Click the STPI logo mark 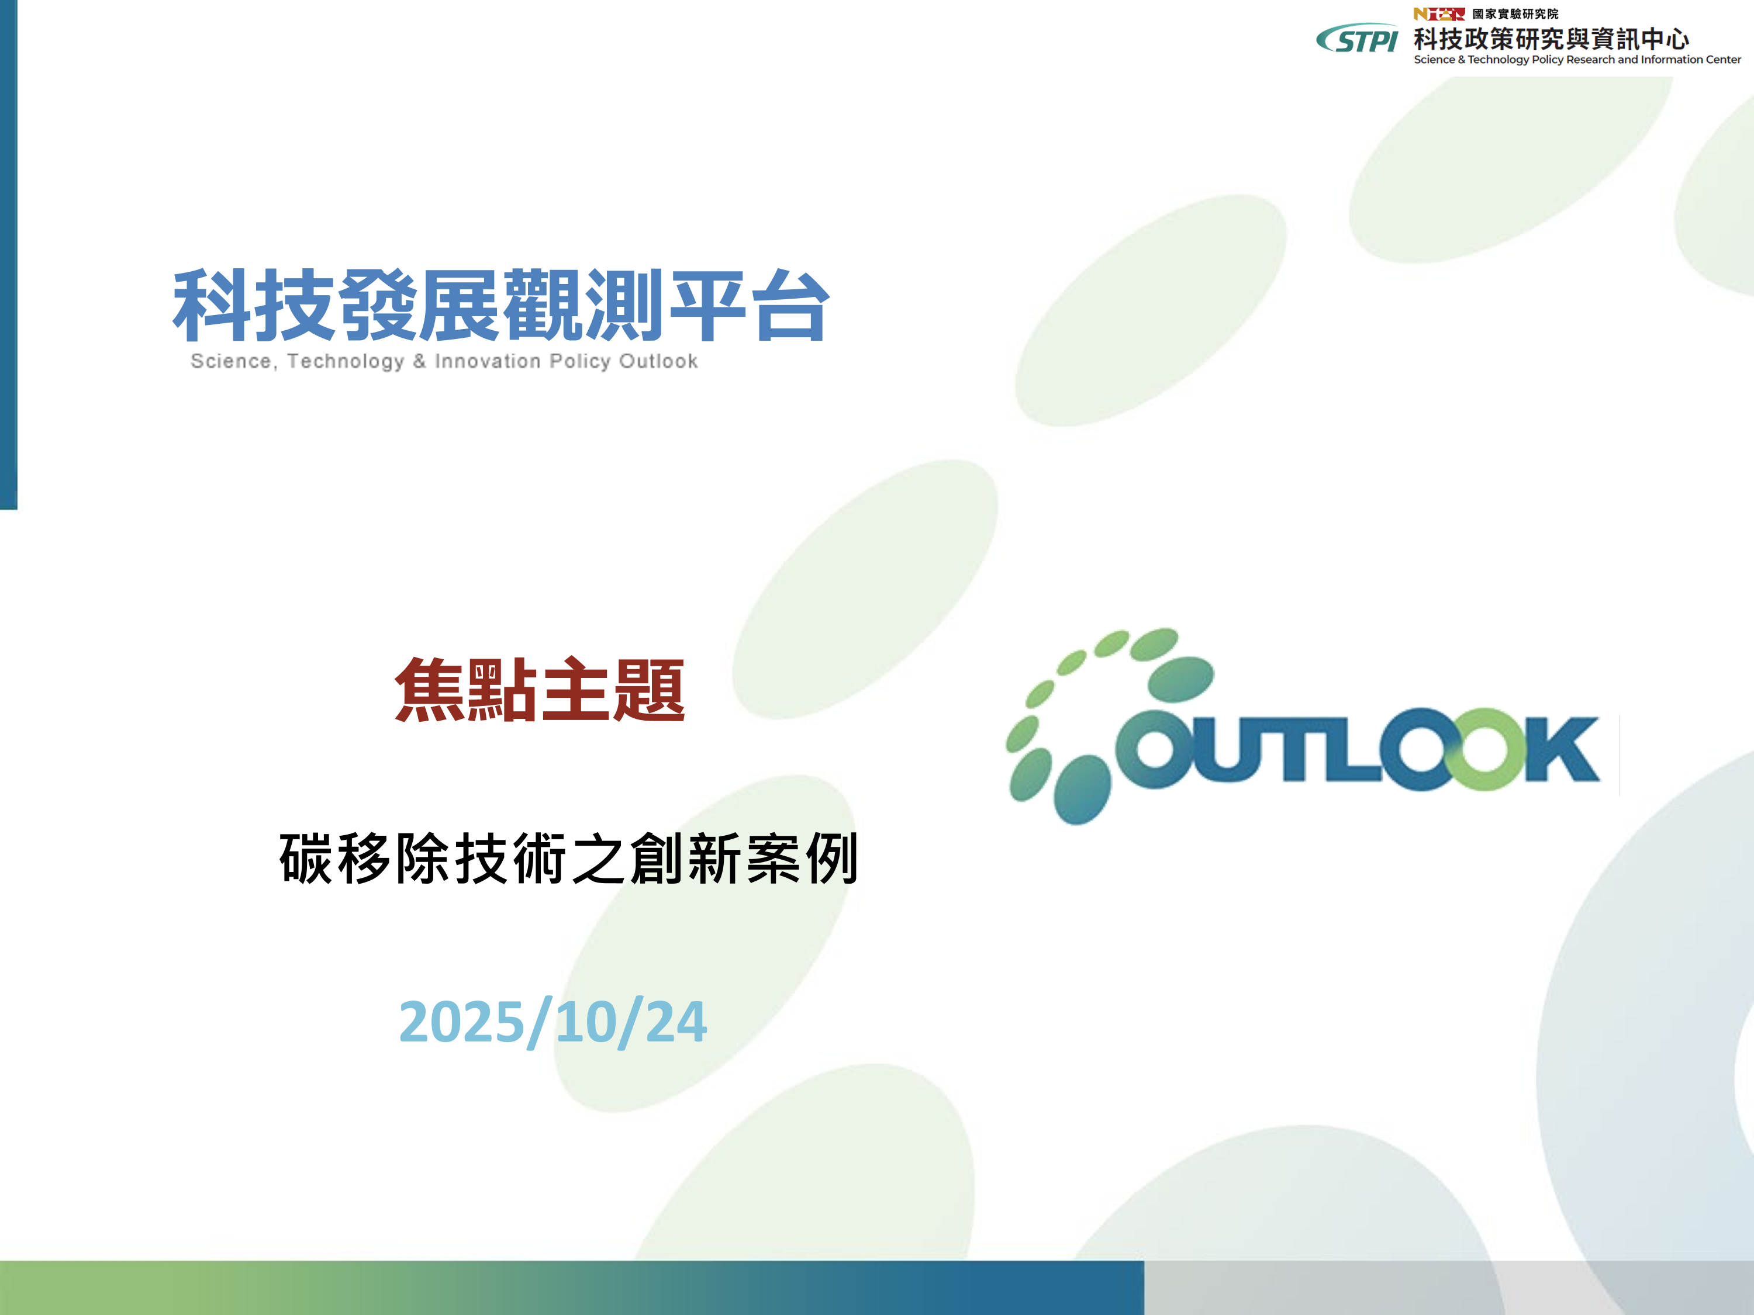click(x=1357, y=38)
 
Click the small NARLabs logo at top click(x=1438, y=13)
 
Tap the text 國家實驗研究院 click(x=1515, y=13)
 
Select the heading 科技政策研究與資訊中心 click(x=1551, y=38)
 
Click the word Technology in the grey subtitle click(x=346, y=361)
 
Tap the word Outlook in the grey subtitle click(x=658, y=361)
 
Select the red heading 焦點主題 click(x=540, y=690)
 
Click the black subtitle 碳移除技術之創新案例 click(x=568, y=859)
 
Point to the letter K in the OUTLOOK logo click(x=1560, y=749)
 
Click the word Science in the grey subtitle click(x=231, y=361)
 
